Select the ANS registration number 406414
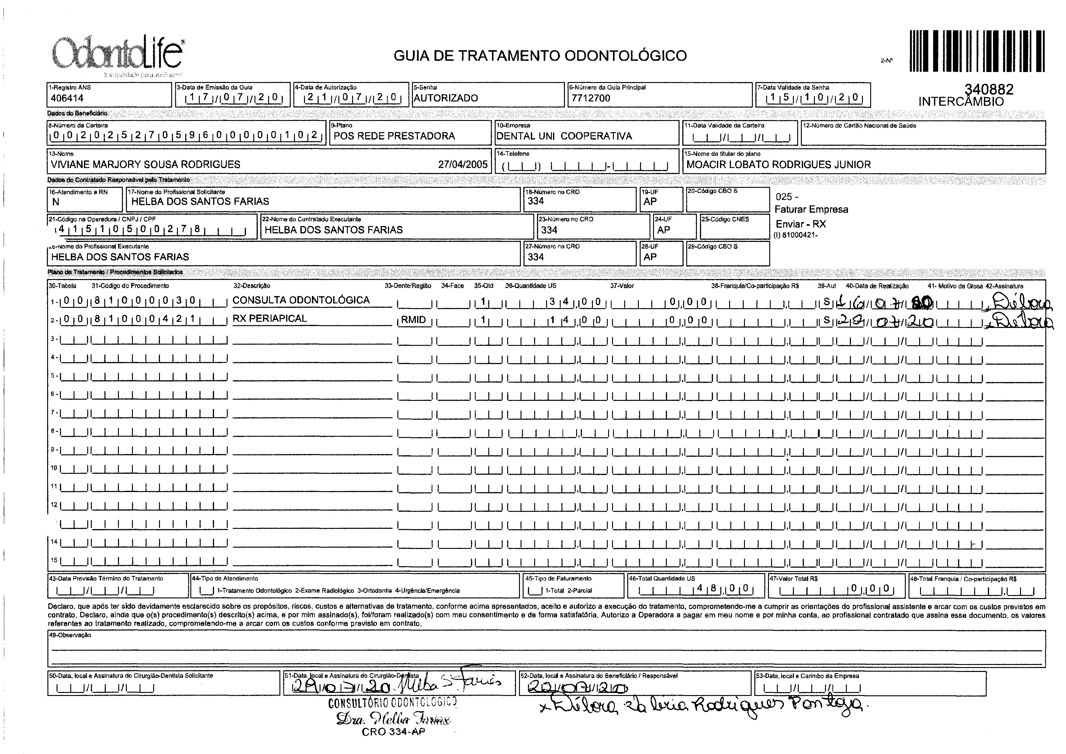coord(67,98)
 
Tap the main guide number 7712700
coord(591,98)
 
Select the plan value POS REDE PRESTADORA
coord(394,136)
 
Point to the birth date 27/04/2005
coord(463,164)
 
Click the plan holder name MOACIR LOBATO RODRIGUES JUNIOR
coord(778,164)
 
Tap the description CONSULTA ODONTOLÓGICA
coord(301,300)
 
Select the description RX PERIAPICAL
coord(270,318)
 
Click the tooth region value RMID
coord(414,320)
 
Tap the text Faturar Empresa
coord(811,209)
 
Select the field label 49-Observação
coord(70,635)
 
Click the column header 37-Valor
coord(622,286)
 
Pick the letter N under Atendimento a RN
coord(56,202)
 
